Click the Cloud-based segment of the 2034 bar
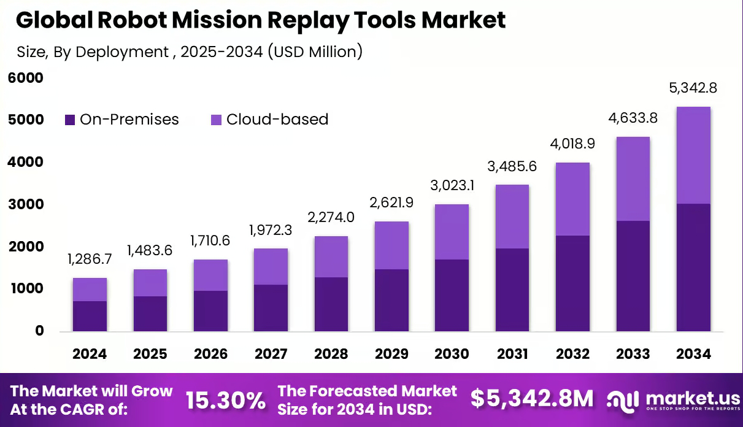(693, 155)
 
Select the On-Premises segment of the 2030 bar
(452, 295)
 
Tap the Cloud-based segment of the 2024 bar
(90, 290)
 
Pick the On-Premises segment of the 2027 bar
(271, 308)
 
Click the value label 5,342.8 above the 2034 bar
(693, 88)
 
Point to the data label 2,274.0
(331, 217)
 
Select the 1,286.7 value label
(90, 259)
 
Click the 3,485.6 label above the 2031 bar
(512, 166)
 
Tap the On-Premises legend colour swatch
(70, 120)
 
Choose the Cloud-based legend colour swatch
(216, 120)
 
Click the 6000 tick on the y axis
(26, 78)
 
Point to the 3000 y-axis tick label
(26, 204)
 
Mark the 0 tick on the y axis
(39, 331)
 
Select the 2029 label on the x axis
(391, 354)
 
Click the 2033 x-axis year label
(633, 354)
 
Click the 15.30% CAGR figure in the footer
(225, 400)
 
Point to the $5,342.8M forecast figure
(532, 399)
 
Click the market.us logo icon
(623, 399)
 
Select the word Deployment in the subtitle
(121, 52)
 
